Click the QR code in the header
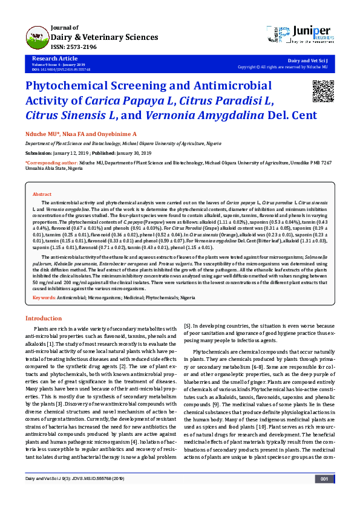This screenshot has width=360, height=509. (322, 91)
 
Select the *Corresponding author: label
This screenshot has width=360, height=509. (51, 163)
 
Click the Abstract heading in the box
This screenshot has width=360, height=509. (42, 194)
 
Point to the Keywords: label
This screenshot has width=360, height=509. (44, 298)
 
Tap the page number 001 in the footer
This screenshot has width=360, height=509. (324, 496)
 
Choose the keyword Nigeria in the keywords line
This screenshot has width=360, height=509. (188, 298)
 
